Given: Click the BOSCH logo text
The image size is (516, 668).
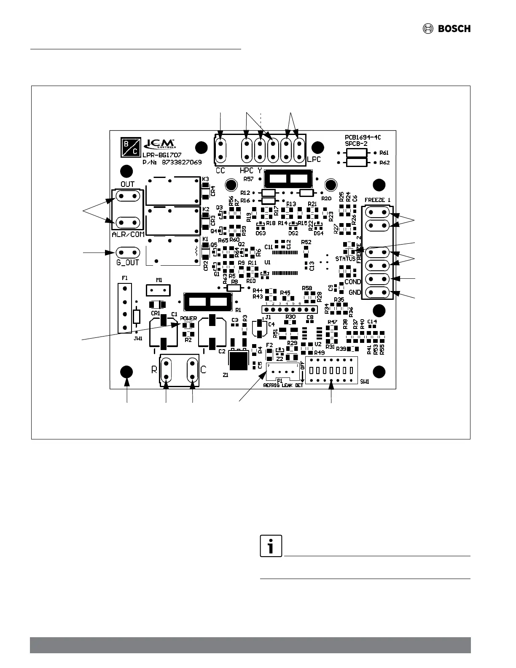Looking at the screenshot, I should tap(454, 29).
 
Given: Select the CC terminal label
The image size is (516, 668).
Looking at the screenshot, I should tap(220, 171).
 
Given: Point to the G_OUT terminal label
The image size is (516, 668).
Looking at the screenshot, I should tap(127, 262).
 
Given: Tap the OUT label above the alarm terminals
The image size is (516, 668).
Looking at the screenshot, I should tap(127, 184).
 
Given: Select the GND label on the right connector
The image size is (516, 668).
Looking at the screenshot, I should tap(355, 292).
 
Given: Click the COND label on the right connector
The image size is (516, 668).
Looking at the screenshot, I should tap(353, 282).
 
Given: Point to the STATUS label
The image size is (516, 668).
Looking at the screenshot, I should tap(345, 259).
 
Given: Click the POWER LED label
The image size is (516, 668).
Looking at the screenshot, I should tap(188, 318).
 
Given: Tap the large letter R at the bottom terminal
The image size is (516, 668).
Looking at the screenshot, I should tap(154, 370).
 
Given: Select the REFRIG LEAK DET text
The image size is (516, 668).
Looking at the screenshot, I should tap(283, 385).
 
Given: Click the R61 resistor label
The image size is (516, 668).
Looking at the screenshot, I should tap(384, 153).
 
